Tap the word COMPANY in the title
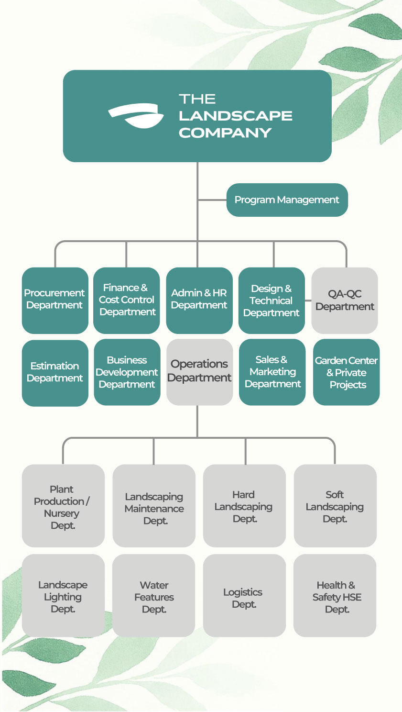pyautogui.click(x=225, y=133)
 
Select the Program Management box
pyautogui.click(x=287, y=200)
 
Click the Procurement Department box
pyautogui.click(x=55, y=300)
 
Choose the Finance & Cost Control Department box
pyautogui.click(x=126, y=300)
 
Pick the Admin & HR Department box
pyautogui.click(x=199, y=300)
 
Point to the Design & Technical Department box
pyautogui.click(x=272, y=300)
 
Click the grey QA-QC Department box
pyautogui.click(x=345, y=300)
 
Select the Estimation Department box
pyautogui.click(x=55, y=373)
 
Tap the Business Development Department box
pyautogui.click(x=127, y=372)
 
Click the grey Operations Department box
pyautogui.click(x=199, y=372)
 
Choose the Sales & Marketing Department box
pyautogui.click(x=272, y=372)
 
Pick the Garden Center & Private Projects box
pyautogui.click(x=346, y=372)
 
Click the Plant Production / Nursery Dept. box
pyautogui.click(x=63, y=506)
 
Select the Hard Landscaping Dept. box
pyautogui.click(x=244, y=506)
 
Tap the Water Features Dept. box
pyautogui.click(x=154, y=595)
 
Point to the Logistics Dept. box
pyautogui.click(x=244, y=595)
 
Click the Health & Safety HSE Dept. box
pyautogui.click(x=335, y=595)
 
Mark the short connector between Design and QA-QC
pyautogui.click(x=308, y=300)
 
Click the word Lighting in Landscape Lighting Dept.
pyautogui.click(x=63, y=597)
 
